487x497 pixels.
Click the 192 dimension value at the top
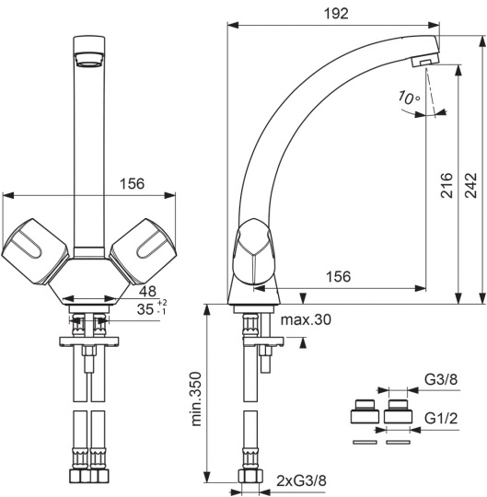coord(336,14)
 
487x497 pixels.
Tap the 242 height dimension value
coord(471,186)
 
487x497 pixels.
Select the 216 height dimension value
coord(446,186)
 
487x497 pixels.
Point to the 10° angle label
coord(409,98)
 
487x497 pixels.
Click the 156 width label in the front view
coord(133,184)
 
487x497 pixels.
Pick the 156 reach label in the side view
coord(339,277)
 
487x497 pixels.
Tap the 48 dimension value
coord(147,291)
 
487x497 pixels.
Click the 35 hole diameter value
coord(145,309)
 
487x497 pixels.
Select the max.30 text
coord(306,319)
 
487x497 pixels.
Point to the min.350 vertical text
coord(197,399)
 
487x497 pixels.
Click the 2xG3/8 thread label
coord(302,481)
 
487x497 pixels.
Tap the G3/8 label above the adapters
coord(441,379)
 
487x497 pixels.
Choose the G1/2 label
coord(441,419)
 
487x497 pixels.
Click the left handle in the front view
coord(35,251)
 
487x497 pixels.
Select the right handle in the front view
coord(143,251)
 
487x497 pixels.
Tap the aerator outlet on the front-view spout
coord(89,60)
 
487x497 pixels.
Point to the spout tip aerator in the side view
coord(424,60)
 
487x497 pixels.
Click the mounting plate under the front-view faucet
coord(89,341)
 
